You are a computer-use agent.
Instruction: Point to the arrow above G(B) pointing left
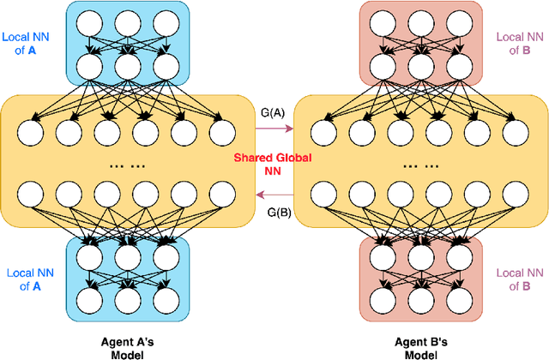tap(274, 197)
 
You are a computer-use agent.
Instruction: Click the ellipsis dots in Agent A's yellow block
tap(124, 165)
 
